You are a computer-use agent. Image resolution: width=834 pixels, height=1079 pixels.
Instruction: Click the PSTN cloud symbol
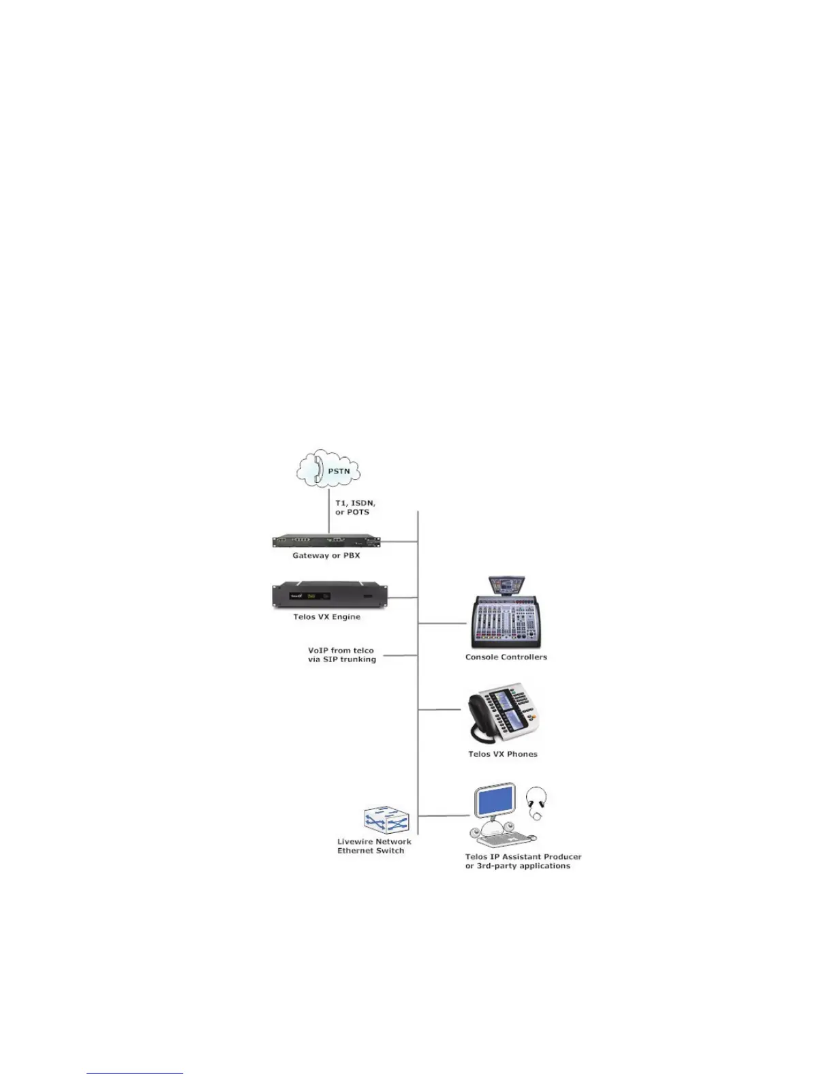tap(328, 469)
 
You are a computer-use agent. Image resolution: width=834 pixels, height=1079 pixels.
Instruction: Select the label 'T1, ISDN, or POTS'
tap(354, 507)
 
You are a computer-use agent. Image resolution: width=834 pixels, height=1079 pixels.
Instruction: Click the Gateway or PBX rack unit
tap(326, 541)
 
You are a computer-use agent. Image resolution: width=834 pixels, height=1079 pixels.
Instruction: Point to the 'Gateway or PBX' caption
tap(326, 556)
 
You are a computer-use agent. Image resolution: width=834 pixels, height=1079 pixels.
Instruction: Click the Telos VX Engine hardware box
tap(330, 595)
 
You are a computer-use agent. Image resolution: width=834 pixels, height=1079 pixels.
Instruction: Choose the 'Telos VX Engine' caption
tap(327, 617)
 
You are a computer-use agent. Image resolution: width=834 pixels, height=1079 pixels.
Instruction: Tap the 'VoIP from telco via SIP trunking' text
tap(341, 655)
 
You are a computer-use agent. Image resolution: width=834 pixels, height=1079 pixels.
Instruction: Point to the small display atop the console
tap(507, 584)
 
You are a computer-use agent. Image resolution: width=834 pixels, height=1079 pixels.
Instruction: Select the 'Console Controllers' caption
tap(506, 657)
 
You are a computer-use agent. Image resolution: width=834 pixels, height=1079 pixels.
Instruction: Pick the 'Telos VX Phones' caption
tap(503, 754)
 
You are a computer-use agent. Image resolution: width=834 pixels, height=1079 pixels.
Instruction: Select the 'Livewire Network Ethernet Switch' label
tap(374, 846)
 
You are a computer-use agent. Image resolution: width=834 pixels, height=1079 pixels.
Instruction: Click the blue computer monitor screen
tap(495, 802)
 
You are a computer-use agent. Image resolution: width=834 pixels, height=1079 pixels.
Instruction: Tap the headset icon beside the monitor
tap(537, 802)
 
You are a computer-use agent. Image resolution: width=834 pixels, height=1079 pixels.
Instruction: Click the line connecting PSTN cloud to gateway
tap(328, 511)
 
